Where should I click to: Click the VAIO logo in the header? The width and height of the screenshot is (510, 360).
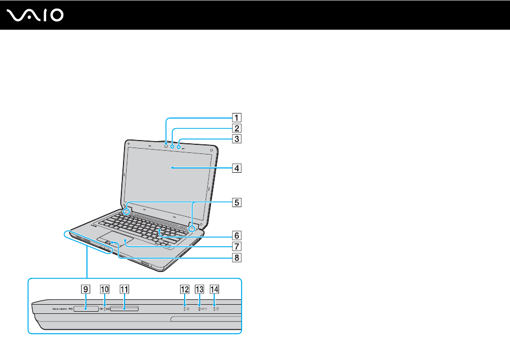pyautogui.click(x=36, y=14)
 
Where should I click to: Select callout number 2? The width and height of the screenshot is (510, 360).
pyautogui.click(x=237, y=128)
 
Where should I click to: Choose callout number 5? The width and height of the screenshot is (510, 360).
pyautogui.click(x=237, y=203)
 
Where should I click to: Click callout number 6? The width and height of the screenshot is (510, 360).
pyautogui.click(x=237, y=235)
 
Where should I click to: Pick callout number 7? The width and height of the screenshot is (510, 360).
pyautogui.click(x=237, y=247)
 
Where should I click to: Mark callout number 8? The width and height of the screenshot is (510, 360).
pyautogui.click(x=237, y=257)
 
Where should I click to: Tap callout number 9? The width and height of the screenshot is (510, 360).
pyautogui.click(x=85, y=289)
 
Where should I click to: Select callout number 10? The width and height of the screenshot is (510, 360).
pyautogui.click(x=104, y=289)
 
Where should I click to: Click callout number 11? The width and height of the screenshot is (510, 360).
pyautogui.click(x=124, y=289)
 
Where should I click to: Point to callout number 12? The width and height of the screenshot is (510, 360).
pyautogui.click(x=185, y=289)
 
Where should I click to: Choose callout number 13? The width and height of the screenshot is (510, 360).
pyautogui.click(x=200, y=289)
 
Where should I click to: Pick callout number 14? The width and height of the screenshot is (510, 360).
pyautogui.click(x=214, y=289)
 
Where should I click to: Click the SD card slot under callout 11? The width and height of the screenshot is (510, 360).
pyautogui.click(x=124, y=309)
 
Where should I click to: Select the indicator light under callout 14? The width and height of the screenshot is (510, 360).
pyautogui.click(x=214, y=309)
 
